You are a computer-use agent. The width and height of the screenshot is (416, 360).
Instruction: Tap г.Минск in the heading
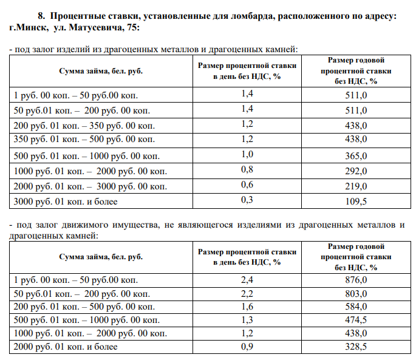coord(27,28)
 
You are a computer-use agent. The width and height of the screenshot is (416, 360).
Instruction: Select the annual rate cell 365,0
coord(356,156)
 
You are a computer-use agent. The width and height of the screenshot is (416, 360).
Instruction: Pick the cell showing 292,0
coord(356,171)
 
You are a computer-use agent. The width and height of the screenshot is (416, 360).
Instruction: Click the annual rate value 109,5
coord(356,201)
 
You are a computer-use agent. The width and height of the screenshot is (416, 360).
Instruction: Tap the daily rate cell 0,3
coord(247,200)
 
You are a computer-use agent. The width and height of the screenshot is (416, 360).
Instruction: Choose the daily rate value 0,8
coord(247,169)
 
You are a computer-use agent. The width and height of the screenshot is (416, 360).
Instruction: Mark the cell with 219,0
coord(356,186)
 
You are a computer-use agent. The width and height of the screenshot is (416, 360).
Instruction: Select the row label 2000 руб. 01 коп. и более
coord(65,347)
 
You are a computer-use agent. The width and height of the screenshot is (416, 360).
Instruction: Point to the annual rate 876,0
coord(356,280)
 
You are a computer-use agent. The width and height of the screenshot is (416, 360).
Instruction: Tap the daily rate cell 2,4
coord(247,280)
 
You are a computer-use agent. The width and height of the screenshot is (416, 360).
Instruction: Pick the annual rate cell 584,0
coord(356,307)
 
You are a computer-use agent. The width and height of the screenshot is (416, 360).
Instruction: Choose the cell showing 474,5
coord(356,320)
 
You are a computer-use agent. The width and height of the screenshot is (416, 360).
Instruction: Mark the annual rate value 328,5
coord(356,347)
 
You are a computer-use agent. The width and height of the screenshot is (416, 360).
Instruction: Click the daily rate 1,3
coord(247,320)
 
